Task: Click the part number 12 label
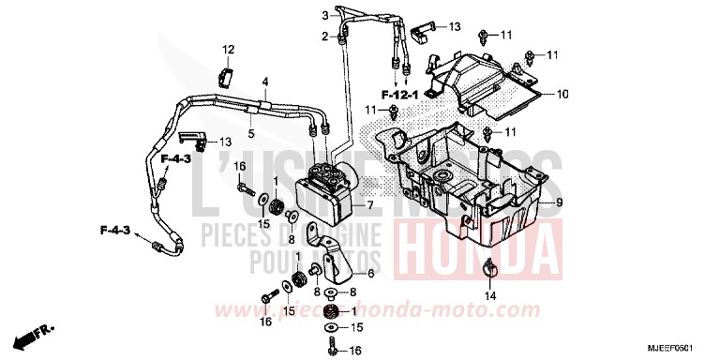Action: click(x=227, y=49)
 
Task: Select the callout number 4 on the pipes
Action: click(x=265, y=82)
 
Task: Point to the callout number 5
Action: click(x=251, y=134)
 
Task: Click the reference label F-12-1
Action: click(x=397, y=95)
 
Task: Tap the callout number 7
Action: click(x=369, y=204)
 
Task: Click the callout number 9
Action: click(x=558, y=203)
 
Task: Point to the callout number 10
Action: click(x=563, y=95)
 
